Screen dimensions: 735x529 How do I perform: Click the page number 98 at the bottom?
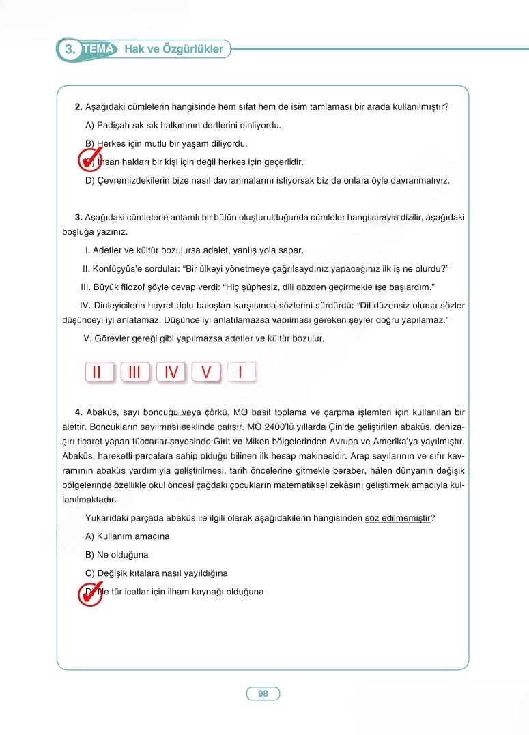(263, 694)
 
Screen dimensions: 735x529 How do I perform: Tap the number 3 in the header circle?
(69, 50)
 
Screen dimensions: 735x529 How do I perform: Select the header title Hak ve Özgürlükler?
(173, 49)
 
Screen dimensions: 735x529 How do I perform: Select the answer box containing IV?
(171, 372)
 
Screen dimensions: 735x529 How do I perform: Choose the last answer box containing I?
(241, 372)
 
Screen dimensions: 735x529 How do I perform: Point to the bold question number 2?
(78, 107)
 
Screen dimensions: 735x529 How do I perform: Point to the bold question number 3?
(78, 218)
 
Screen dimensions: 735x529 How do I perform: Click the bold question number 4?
(78, 412)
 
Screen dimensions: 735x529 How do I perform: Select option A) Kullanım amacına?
(128, 536)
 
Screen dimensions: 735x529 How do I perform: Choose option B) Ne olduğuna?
(117, 555)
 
